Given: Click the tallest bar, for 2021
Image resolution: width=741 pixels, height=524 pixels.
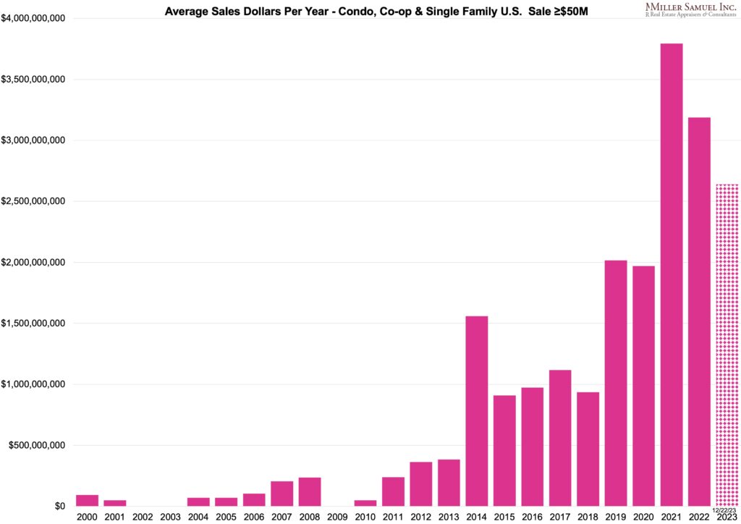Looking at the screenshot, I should point(672,275).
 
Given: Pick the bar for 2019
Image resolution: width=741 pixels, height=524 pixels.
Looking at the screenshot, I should point(616,383).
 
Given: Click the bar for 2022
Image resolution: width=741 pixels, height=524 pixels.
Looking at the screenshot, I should point(700,311).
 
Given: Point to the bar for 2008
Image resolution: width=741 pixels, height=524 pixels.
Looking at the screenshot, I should point(310,491).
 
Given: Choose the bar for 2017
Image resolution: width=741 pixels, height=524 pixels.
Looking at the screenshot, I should point(560,438).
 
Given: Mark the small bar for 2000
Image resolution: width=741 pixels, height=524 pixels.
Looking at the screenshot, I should point(87,500).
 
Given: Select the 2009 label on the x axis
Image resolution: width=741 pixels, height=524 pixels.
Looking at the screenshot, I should point(337,517).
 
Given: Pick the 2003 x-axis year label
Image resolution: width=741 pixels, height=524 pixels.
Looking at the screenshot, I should point(170,517).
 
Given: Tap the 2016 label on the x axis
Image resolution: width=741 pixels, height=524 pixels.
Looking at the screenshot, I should point(532,517).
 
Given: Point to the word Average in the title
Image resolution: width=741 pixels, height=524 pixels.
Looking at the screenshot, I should point(188,12).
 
